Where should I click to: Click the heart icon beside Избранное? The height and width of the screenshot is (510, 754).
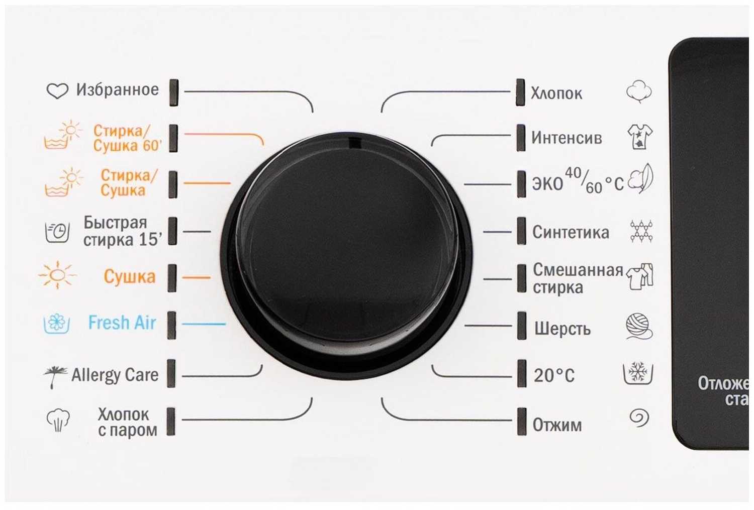click(x=57, y=91)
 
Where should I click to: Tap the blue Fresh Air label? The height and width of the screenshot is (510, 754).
click(x=122, y=323)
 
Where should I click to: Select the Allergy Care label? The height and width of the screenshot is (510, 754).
click(x=115, y=375)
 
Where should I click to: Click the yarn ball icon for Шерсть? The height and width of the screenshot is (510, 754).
click(x=639, y=326)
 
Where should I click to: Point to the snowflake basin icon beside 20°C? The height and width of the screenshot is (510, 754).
click(x=638, y=373)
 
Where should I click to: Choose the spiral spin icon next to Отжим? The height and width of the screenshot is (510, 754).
click(x=639, y=418)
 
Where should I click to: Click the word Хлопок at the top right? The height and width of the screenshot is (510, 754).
click(x=556, y=93)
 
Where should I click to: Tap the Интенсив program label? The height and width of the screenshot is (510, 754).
click(x=567, y=138)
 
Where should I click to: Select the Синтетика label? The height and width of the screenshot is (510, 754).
click(x=571, y=232)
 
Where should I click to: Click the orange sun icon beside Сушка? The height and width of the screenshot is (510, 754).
click(x=57, y=275)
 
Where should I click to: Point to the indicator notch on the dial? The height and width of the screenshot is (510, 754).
click(x=354, y=142)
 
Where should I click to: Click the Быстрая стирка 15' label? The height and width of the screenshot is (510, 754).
click(x=123, y=231)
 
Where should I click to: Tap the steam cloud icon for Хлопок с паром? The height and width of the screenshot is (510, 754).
click(x=58, y=420)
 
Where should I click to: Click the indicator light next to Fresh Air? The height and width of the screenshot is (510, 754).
click(x=171, y=325)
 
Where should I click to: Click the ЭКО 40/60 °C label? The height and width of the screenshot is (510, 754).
click(x=578, y=181)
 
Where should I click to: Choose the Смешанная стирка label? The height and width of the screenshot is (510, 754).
click(x=578, y=278)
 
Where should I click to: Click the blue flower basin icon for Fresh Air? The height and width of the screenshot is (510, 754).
click(x=57, y=324)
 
